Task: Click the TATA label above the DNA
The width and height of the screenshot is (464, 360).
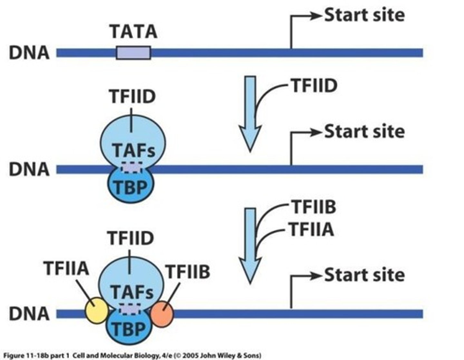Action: click(134, 32)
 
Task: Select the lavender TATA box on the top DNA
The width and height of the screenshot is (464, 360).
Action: click(134, 53)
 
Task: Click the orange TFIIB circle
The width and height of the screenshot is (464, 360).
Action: click(162, 314)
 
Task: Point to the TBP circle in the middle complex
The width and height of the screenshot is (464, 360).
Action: click(131, 185)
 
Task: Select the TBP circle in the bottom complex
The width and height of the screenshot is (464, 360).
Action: click(129, 327)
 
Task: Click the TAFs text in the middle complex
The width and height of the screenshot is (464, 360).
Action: click(134, 151)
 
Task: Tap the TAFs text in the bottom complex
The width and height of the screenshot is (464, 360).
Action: click(132, 292)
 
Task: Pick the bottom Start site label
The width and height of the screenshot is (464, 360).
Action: click(364, 275)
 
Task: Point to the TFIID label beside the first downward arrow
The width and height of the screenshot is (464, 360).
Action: click(314, 86)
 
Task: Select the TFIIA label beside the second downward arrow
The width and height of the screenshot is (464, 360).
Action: click(312, 229)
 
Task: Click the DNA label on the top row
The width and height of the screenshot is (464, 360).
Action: click(29, 53)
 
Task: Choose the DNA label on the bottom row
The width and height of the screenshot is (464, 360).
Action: click(29, 314)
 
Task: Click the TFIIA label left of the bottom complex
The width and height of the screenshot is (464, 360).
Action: click(66, 268)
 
